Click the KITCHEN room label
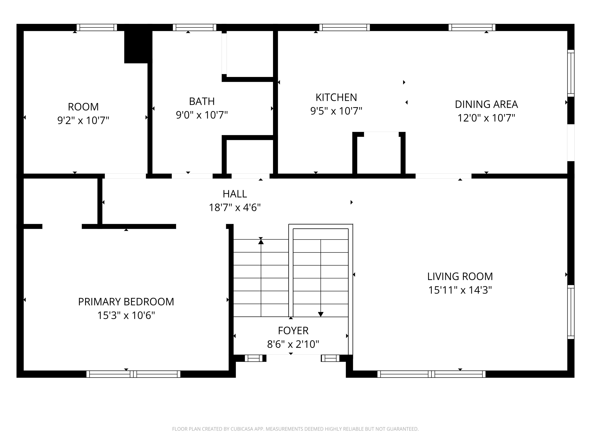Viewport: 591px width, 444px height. click(336, 97)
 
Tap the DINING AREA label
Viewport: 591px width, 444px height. click(486, 104)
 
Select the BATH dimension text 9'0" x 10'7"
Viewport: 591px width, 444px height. click(202, 115)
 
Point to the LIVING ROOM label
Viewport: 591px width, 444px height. click(460, 276)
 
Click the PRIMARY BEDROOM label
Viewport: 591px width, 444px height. click(126, 302)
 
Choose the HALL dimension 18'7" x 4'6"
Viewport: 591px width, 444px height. click(235, 207)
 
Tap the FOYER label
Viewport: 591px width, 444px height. click(293, 331)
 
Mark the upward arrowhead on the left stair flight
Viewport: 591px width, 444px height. click(261, 242)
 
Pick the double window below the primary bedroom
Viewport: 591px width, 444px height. click(133, 374)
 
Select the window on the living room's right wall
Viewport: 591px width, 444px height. click(571, 312)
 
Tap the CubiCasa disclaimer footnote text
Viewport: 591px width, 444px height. click(295, 429)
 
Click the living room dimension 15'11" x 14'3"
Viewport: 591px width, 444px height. click(460, 290)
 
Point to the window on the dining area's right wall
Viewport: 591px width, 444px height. click(571, 73)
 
